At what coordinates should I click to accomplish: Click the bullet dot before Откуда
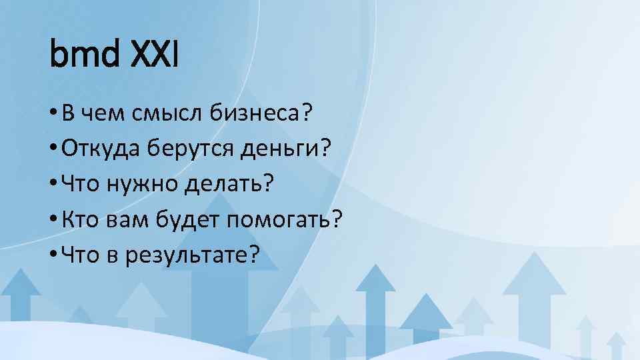point(53,149)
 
